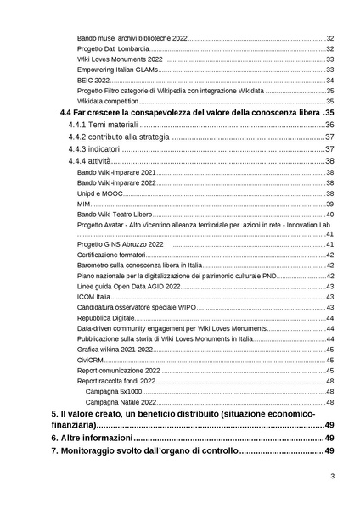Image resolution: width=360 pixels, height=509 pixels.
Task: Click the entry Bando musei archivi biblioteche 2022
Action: pyautogui.click(x=131, y=39)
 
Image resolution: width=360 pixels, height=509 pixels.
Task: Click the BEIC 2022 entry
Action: pyautogui.click(x=93, y=80)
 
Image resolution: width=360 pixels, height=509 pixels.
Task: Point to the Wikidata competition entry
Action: pyautogui.click(x=109, y=100)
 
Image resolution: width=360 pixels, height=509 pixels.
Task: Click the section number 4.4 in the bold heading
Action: pyautogui.click(x=65, y=112)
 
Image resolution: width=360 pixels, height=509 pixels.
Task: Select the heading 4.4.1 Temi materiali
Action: pyautogui.click(x=108, y=125)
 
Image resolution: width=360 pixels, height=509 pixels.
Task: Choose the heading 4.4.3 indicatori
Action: pyautogui.click(x=96, y=149)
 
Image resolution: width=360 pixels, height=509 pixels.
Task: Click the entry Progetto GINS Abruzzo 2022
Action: pyautogui.click(x=120, y=244)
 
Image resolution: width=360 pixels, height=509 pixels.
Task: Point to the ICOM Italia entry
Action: pyautogui.click(x=93, y=296)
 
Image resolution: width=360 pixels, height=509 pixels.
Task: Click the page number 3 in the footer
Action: pyautogui.click(x=332, y=488)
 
